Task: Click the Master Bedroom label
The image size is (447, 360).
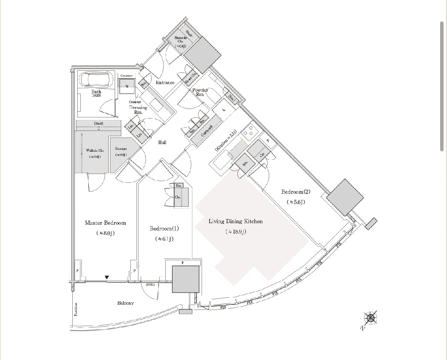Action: (x=105, y=223)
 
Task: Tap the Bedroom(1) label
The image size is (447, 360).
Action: (x=164, y=229)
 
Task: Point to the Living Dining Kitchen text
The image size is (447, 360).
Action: (x=236, y=221)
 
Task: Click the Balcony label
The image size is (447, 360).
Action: (x=125, y=303)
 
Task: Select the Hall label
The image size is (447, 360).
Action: (x=162, y=143)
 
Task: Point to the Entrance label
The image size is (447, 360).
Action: (x=165, y=83)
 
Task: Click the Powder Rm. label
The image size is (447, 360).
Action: (x=200, y=92)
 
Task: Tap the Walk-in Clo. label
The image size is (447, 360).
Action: (x=94, y=150)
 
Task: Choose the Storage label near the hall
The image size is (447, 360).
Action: (x=121, y=149)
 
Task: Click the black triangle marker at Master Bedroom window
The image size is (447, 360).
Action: (x=107, y=277)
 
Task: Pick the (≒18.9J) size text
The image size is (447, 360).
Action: (x=236, y=232)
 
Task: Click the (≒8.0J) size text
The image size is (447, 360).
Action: (x=105, y=233)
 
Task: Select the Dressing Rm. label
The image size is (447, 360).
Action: (x=138, y=110)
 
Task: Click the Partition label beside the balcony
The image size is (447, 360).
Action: (x=76, y=309)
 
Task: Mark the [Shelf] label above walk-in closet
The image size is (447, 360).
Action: (x=99, y=123)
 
